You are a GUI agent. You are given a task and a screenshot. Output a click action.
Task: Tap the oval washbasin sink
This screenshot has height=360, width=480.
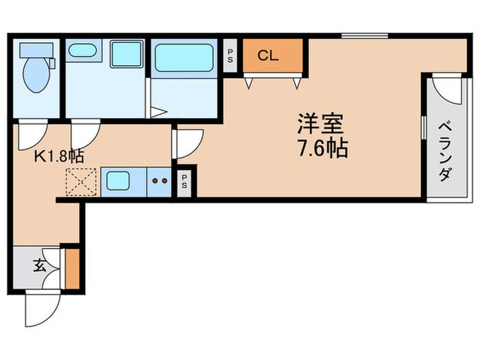[x=82, y=51]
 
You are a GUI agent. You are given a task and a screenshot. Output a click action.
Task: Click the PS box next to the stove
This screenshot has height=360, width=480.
[x=185, y=181]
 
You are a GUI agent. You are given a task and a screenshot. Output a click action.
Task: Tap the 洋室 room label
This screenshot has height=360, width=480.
[x=320, y=124]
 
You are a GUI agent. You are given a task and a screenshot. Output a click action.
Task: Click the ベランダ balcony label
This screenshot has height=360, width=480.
[x=444, y=150]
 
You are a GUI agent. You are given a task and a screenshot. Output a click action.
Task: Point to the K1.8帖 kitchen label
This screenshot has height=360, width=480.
[x=59, y=156]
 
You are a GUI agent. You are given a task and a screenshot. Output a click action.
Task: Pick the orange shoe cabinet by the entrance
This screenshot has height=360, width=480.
[x=71, y=268]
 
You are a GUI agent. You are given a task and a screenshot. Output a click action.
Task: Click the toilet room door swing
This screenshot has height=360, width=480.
[x=32, y=133]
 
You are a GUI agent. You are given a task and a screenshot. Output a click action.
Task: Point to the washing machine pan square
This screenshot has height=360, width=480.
[x=126, y=53]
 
